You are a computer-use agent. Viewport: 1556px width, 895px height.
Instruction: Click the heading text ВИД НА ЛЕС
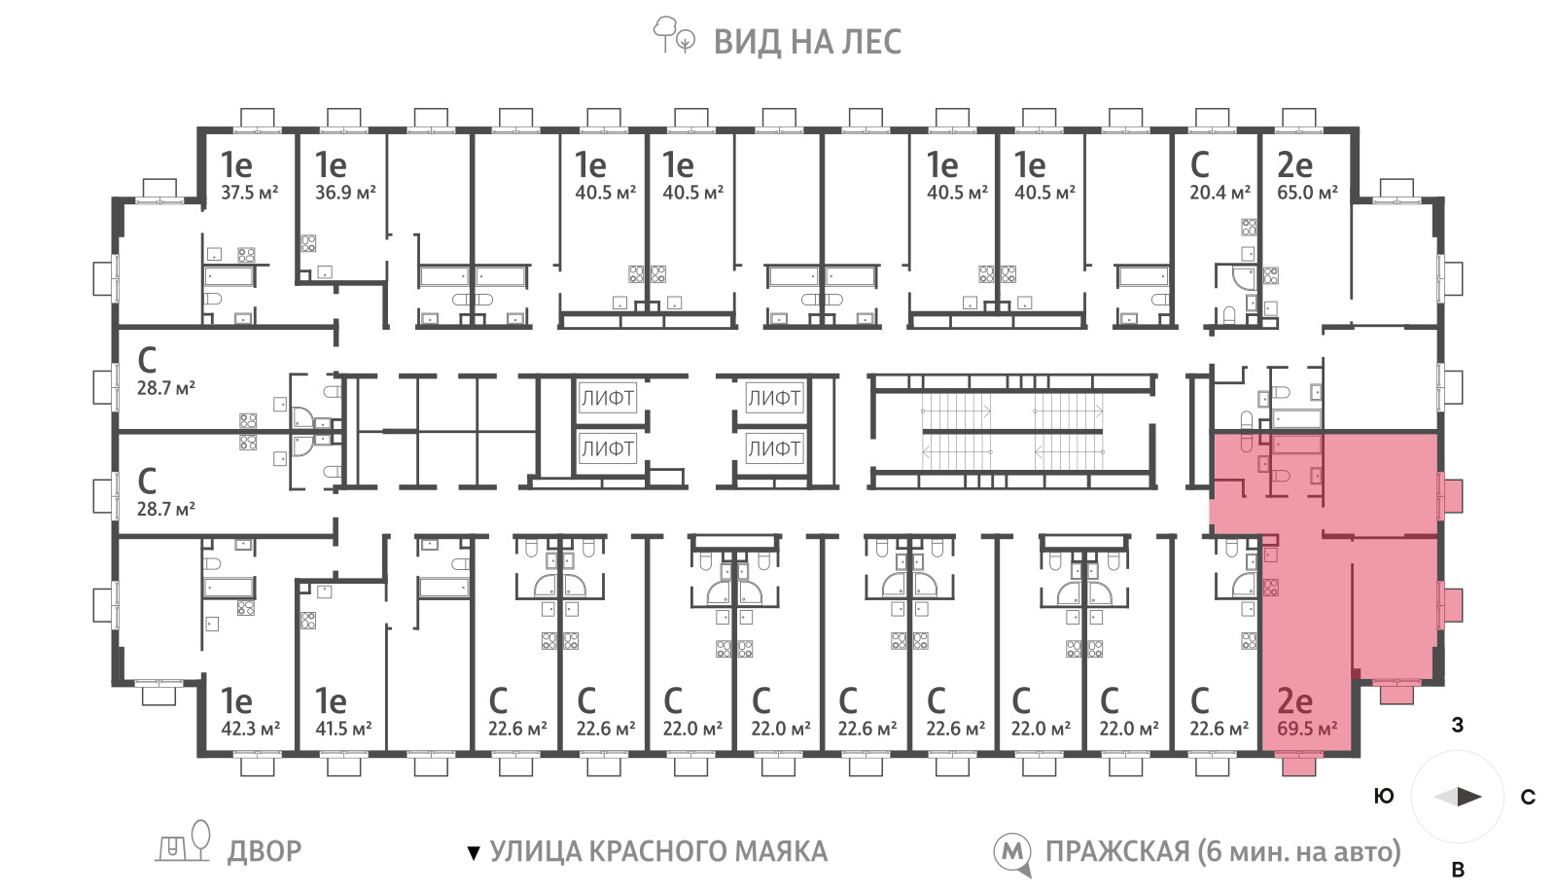pyautogui.click(x=807, y=42)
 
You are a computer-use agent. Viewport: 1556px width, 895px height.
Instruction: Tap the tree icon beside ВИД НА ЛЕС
pyautogui.click(x=673, y=35)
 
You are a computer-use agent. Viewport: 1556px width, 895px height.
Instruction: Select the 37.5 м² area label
pyautogui.click(x=249, y=193)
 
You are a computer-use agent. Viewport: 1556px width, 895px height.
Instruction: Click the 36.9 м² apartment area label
pyautogui.click(x=345, y=193)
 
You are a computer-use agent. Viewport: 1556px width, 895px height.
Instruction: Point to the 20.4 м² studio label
pyautogui.click(x=1220, y=193)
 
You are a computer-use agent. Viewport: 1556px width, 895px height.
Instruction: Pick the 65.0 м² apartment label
pyautogui.click(x=1307, y=193)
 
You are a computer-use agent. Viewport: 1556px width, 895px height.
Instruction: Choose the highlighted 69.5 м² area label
pyautogui.click(x=1307, y=729)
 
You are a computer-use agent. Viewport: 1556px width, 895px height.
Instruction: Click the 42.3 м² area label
pyautogui.click(x=250, y=729)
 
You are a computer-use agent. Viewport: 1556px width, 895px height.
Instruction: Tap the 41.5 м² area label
pyautogui.click(x=343, y=729)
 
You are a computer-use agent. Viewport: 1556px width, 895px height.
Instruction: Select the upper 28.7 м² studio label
pyautogui.click(x=165, y=388)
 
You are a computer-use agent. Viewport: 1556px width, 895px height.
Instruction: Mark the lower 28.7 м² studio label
pyautogui.click(x=165, y=510)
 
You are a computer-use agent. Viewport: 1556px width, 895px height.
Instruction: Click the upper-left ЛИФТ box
pyautogui.click(x=608, y=398)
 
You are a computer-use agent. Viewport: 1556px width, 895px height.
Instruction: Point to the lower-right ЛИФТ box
pyautogui.click(x=774, y=448)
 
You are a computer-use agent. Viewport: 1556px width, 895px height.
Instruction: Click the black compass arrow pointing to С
pyautogui.click(x=1469, y=797)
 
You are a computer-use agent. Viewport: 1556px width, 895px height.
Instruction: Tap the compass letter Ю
pyautogui.click(x=1385, y=797)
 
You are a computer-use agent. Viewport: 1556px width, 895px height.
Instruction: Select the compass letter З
pyautogui.click(x=1458, y=725)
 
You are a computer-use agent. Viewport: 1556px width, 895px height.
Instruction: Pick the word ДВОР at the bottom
pyautogui.click(x=265, y=851)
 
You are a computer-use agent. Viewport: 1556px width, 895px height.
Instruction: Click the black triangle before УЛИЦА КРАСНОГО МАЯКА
pyautogui.click(x=474, y=853)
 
